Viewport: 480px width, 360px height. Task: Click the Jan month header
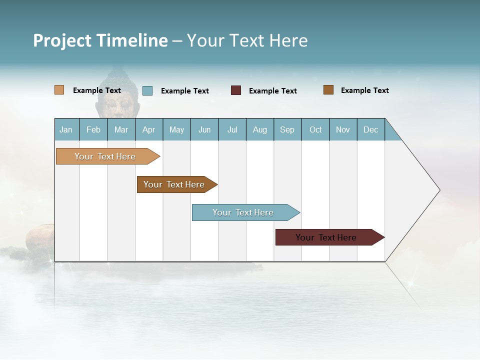click(x=66, y=129)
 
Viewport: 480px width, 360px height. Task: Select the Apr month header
click(x=149, y=129)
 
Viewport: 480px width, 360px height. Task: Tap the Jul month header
click(x=232, y=129)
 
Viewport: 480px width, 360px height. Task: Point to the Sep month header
click(x=287, y=129)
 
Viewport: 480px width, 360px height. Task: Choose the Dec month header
click(x=370, y=129)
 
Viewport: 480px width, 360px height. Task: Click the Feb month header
click(x=93, y=129)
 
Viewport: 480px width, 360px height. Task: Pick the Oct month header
click(x=315, y=129)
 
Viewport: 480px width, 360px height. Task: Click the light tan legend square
click(x=59, y=90)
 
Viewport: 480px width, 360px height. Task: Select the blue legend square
click(x=147, y=90)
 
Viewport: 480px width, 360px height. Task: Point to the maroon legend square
click(x=236, y=90)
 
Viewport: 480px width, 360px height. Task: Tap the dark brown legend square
click(x=328, y=90)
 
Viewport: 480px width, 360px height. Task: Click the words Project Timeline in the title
click(x=100, y=40)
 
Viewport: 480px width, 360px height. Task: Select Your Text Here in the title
click(x=247, y=40)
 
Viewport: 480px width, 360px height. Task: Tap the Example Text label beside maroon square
click(x=273, y=91)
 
